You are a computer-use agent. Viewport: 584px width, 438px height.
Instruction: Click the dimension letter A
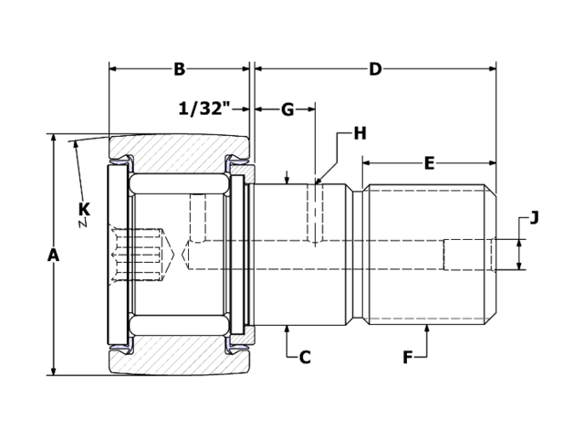[53, 255]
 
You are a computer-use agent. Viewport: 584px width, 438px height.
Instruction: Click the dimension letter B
[179, 69]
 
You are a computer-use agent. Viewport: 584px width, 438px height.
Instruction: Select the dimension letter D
[375, 69]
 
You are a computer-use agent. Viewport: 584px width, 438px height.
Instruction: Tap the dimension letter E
[429, 164]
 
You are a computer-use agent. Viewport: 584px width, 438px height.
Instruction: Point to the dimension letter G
[287, 109]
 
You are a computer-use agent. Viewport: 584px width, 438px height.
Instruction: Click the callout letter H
[360, 133]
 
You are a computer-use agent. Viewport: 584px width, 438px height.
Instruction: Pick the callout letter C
[305, 357]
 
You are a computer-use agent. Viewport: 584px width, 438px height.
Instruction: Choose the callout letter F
[408, 357]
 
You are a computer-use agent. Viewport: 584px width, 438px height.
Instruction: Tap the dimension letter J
[534, 217]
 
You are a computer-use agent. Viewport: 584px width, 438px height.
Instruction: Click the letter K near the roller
[84, 210]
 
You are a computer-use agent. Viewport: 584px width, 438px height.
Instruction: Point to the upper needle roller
[179, 182]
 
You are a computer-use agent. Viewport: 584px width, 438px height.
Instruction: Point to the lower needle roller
[179, 326]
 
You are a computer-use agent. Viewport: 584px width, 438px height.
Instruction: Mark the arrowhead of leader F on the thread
[426, 328]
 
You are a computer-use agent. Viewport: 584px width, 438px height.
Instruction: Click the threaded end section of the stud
[424, 255]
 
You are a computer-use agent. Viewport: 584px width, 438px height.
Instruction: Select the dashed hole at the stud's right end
[467, 255]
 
